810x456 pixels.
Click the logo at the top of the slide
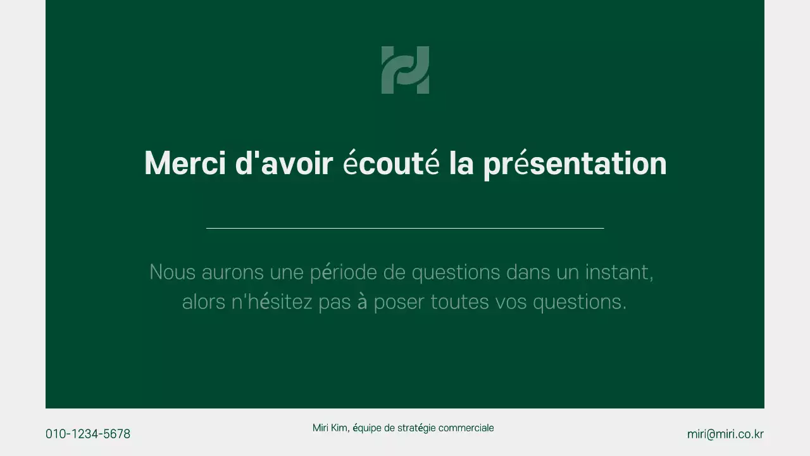click(x=405, y=70)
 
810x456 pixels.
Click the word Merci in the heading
click(x=185, y=163)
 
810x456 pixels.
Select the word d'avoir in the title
click(x=284, y=163)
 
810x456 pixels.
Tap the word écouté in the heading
click(x=391, y=163)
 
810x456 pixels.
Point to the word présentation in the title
click(x=575, y=164)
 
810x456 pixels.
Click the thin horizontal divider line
click(x=405, y=228)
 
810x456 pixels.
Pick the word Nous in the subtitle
click(x=172, y=272)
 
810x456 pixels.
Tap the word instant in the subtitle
click(x=619, y=272)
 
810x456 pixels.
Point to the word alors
click(x=203, y=302)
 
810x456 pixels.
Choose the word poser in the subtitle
click(x=399, y=303)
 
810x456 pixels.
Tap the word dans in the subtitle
click(x=528, y=272)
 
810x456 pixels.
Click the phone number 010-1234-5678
click(x=88, y=434)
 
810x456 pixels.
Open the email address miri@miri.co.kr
click(x=725, y=434)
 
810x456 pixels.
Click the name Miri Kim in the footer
click(x=330, y=428)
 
